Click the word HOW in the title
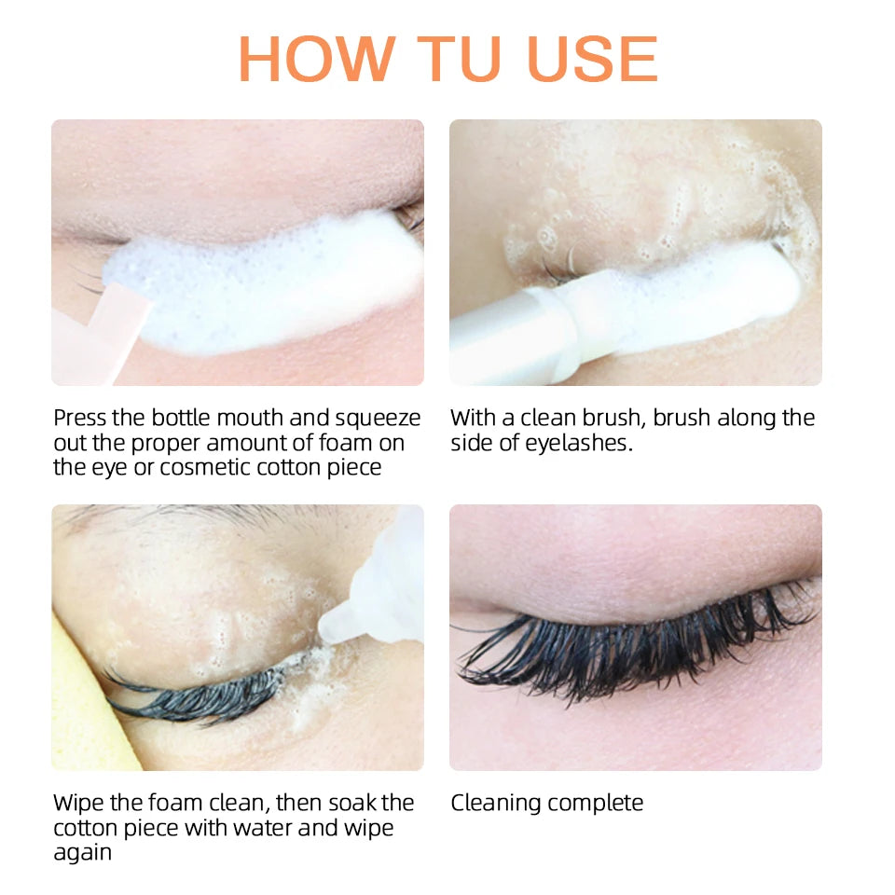317,59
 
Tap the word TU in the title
459,59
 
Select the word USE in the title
593,59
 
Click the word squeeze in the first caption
378,419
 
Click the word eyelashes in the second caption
579,444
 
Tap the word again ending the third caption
82,854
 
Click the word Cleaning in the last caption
495,804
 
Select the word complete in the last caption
595,804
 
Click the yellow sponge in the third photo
86,713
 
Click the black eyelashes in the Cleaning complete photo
634,645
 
